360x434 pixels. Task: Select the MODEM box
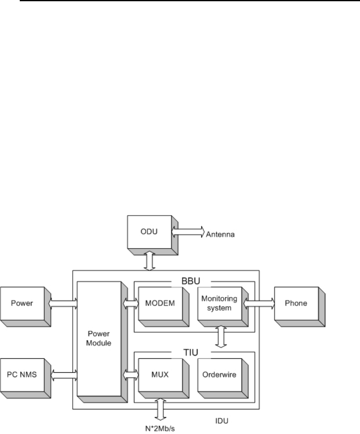click(x=160, y=303)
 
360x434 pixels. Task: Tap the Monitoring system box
click(x=219, y=303)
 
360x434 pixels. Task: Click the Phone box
click(x=297, y=303)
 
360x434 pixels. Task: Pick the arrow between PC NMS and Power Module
click(x=64, y=375)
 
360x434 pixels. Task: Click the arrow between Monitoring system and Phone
click(x=260, y=303)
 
